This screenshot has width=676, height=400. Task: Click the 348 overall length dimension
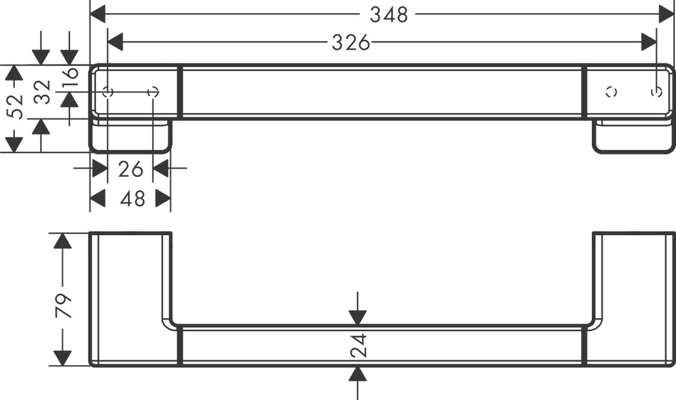(x=389, y=15)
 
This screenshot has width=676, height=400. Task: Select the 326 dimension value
(x=350, y=43)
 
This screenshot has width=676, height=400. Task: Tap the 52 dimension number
(x=17, y=107)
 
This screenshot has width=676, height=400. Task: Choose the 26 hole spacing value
(x=130, y=169)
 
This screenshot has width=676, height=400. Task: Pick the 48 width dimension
(x=132, y=199)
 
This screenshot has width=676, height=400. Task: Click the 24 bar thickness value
(x=358, y=345)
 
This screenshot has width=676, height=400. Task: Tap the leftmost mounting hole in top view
(x=108, y=92)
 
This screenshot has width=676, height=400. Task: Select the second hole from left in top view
(x=152, y=92)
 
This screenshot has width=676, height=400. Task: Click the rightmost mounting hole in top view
(x=656, y=92)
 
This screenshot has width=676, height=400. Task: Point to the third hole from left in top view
(x=611, y=92)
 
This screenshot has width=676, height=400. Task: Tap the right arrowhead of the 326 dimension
(x=649, y=42)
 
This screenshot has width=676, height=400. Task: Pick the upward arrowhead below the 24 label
(x=358, y=374)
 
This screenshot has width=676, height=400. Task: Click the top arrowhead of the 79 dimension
(x=62, y=241)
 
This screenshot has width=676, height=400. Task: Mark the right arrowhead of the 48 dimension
(x=163, y=199)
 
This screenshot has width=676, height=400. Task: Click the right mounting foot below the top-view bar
(x=633, y=137)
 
